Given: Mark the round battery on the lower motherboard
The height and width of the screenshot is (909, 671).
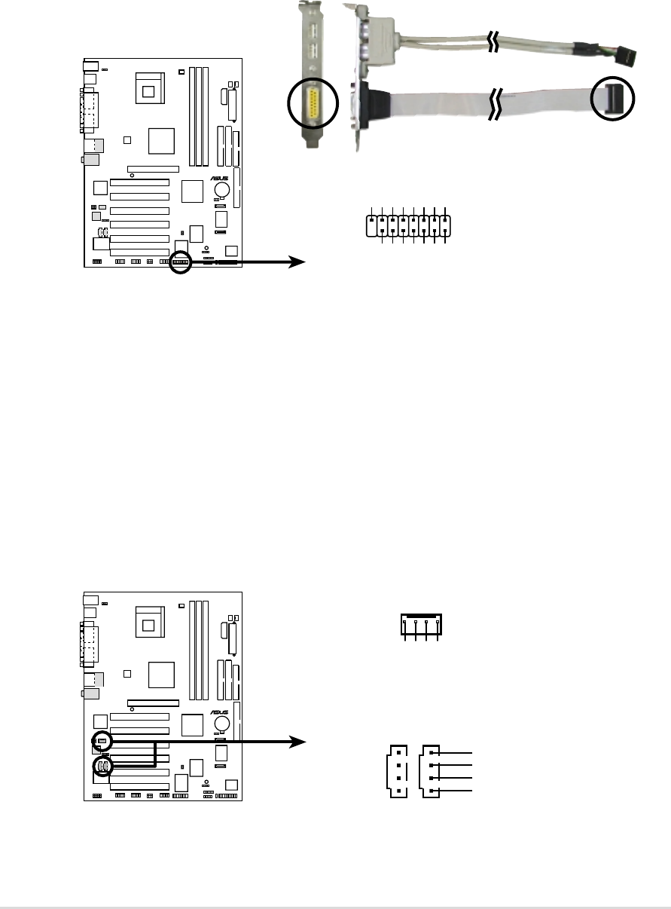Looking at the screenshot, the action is tap(222, 724).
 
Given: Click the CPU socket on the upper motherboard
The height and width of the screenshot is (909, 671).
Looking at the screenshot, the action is tap(149, 90).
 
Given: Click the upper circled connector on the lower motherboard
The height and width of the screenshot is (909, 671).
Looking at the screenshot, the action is tap(102, 742).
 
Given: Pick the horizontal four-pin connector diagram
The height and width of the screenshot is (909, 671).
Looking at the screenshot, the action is tap(421, 625).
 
